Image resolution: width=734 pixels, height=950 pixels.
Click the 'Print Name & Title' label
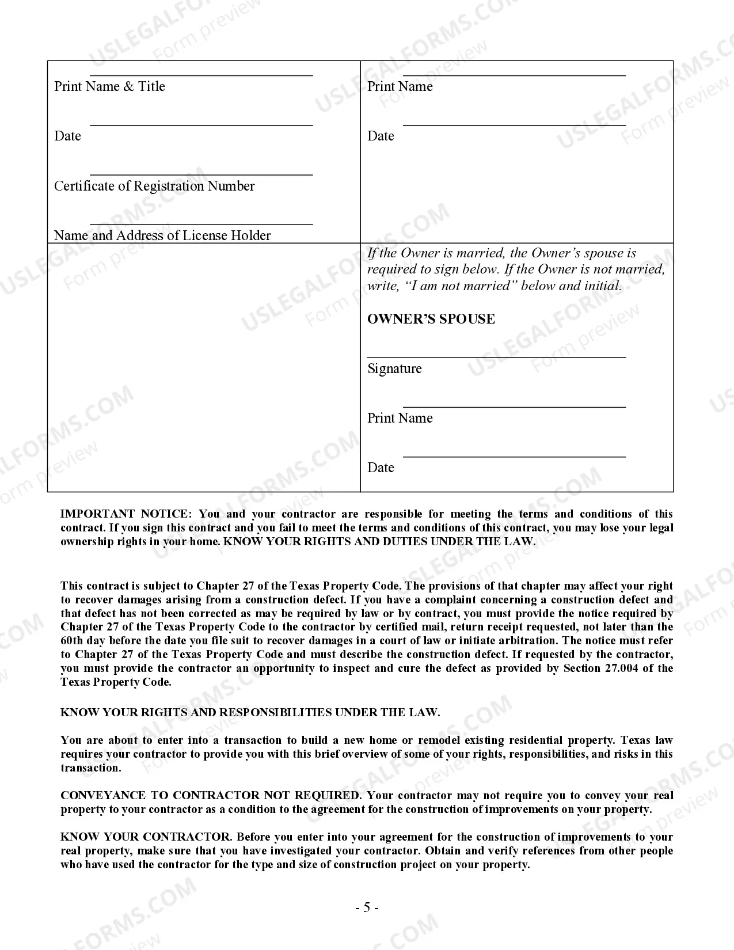pos(109,86)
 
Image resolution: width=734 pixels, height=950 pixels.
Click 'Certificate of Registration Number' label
pos(154,186)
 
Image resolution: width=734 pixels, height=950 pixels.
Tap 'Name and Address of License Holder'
pos(162,235)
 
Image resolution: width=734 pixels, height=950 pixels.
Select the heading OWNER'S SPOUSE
pos(431,319)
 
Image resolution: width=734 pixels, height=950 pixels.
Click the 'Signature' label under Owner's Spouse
pos(394,368)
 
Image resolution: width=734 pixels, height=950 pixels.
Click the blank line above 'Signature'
pos(496,358)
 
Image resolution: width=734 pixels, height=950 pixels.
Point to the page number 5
pos(367,908)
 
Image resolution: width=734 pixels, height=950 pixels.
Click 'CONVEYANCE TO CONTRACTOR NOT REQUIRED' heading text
pos(210,796)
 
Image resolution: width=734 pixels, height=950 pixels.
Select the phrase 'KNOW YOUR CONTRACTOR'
pos(146,837)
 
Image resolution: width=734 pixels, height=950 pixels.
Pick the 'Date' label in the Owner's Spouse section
pos(381,468)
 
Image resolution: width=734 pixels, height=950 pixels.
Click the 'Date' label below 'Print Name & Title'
pos(67,136)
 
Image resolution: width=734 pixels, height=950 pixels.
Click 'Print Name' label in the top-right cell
pos(400,86)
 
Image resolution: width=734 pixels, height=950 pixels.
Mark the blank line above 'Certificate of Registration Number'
pos(201,174)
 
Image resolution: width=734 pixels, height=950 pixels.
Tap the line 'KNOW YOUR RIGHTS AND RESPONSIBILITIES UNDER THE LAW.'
pos(250,713)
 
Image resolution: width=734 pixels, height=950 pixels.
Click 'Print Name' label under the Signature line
pos(400,418)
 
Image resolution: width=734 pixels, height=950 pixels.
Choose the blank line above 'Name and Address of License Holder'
pos(201,224)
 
